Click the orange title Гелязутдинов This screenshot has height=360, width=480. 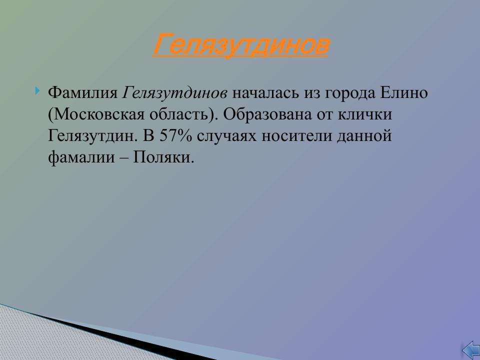240,45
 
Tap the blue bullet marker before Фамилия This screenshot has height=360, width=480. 38,91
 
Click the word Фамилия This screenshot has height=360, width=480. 82,93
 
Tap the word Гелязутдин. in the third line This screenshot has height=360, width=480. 94,136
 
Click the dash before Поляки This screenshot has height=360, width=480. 124,158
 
